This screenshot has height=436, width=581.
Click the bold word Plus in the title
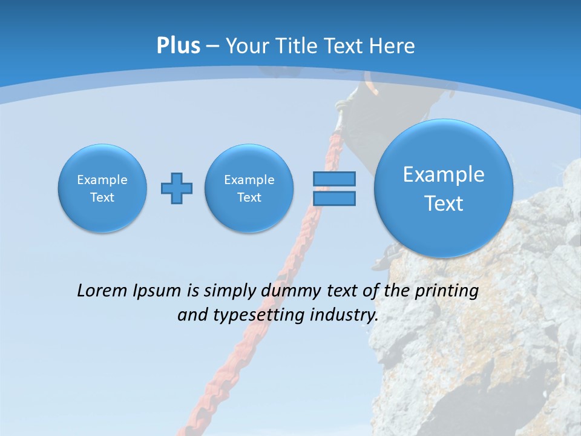click(x=178, y=46)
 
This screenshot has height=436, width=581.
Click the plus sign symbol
click(x=177, y=188)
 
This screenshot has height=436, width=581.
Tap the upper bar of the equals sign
click(x=334, y=179)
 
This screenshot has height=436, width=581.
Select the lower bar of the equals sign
click(x=334, y=198)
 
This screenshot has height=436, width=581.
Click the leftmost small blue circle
click(x=102, y=188)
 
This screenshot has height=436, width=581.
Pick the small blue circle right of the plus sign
click(x=249, y=188)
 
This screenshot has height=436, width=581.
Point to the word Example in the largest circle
click(x=444, y=174)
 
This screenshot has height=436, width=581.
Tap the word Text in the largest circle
click(x=444, y=203)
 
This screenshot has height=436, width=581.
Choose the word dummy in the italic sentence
click(x=287, y=291)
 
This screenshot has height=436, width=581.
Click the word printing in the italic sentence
click(x=448, y=291)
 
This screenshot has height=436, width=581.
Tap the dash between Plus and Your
click(x=212, y=47)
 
